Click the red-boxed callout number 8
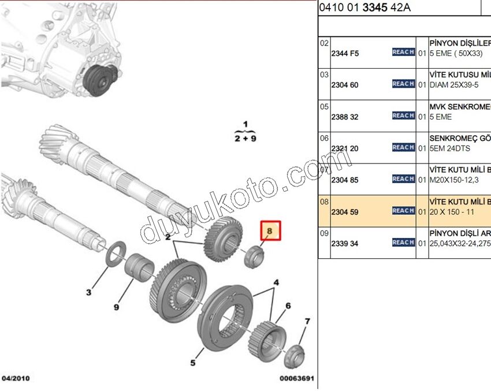click(x=270, y=232)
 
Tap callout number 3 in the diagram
click(x=88, y=293)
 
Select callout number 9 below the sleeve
click(x=116, y=307)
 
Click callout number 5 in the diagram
click(x=192, y=363)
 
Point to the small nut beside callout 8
click(x=253, y=256)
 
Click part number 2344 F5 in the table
click(x=345, y=53)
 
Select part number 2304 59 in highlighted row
click(x=345, y=212)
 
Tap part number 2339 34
click(x=345, y=244)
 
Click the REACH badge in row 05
click(x=403, y=116)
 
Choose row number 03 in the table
click(x=324, y=75)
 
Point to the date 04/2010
click(x=16, y=379)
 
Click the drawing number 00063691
click(x=296, y=379)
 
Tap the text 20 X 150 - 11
click(x=453, y=212)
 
